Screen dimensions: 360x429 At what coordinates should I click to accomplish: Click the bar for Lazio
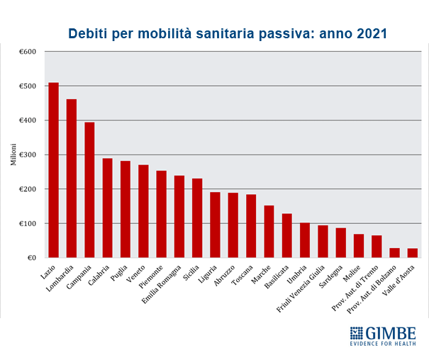point(53,170)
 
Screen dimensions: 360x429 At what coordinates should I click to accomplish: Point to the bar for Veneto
point(143,211)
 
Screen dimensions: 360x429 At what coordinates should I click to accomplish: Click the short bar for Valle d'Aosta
point(413,253)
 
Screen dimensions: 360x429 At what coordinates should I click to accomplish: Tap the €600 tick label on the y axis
point(27,52)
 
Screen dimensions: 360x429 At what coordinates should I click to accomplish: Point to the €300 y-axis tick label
point(27,154)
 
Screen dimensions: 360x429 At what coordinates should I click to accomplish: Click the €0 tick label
point(31,258)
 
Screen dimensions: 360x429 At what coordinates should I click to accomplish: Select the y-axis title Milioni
point(13,154)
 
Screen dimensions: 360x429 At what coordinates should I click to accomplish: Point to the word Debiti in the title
point(89,33)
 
